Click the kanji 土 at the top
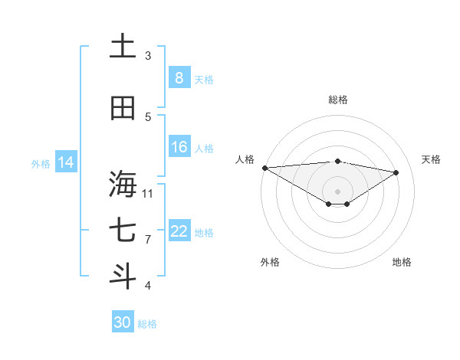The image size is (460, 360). (x=123, y=47)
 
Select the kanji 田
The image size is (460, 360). (x=123, y=108)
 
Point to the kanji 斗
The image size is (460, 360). (x=123, y=277)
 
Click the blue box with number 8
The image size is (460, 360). (x=179, y=77)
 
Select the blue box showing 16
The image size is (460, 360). (x=179, y=147)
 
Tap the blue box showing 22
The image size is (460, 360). (x=179, y=231)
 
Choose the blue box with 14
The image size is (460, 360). (x=66, y=162)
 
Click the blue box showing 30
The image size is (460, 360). (x=123, y=322)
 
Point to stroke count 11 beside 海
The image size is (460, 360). (x=148, y=192)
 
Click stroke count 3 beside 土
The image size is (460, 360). (x=148, y=55)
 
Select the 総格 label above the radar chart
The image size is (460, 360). (x=337, y=100)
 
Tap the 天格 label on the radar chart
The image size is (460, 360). (x=432, y=159)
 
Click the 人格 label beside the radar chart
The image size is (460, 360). (x=245, y=159)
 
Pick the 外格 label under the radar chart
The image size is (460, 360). (x=270, y=262)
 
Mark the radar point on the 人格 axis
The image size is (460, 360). (x=264, y=168)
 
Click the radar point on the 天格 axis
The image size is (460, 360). (x=396, y=172)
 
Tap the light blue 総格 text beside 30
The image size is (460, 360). (x=147, y=324)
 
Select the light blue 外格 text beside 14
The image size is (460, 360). (x=41, y=163)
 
